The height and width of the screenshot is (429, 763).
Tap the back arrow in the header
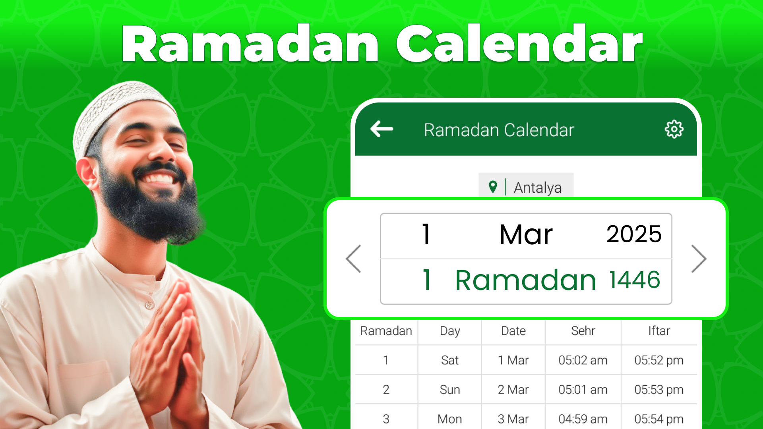381,129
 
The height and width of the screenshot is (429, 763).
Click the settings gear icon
674,129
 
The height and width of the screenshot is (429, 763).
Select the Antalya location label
538,187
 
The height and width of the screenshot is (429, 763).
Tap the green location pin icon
493,187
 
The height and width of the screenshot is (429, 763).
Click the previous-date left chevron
353,259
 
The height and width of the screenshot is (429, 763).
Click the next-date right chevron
699,259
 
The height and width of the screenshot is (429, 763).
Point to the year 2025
634,234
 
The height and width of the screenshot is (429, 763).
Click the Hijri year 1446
635,280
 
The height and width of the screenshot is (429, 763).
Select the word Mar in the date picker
526,234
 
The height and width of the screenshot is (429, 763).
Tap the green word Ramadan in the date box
525,280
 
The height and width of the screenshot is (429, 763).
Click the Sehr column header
583,331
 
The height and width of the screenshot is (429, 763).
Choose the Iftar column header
659,331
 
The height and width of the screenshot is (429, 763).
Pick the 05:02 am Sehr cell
583,360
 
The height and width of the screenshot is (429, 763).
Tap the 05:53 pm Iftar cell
659,390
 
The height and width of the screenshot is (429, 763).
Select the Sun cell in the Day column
450,390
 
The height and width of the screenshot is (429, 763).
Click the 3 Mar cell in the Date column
513,419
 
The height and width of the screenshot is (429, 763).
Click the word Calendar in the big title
519,44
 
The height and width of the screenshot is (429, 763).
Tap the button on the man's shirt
149,305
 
